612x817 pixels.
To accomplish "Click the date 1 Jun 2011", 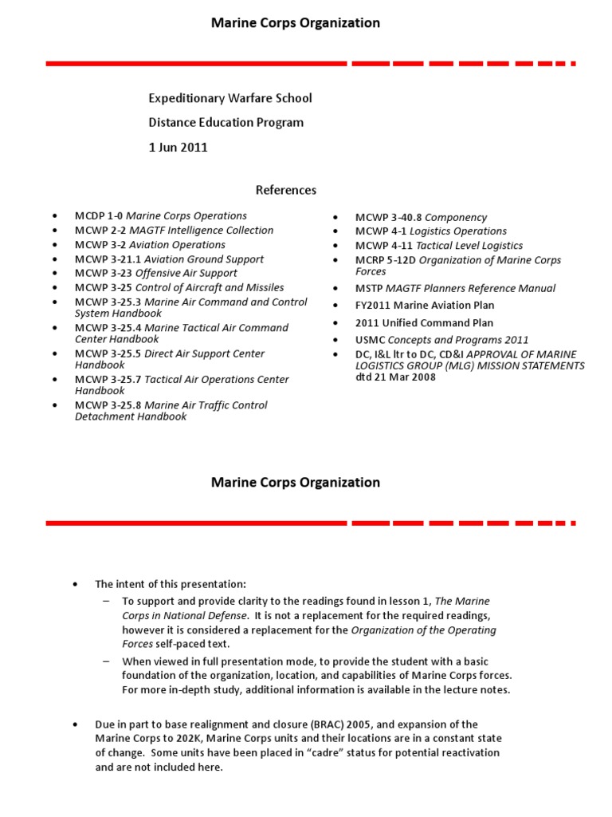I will tap(178, 147).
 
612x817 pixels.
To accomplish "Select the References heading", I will tap(285, 190).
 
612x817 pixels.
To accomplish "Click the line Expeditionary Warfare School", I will tap(230, 98).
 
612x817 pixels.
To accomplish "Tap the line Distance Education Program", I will tap(226, 123).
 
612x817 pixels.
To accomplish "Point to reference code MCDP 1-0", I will tap(99, 216).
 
